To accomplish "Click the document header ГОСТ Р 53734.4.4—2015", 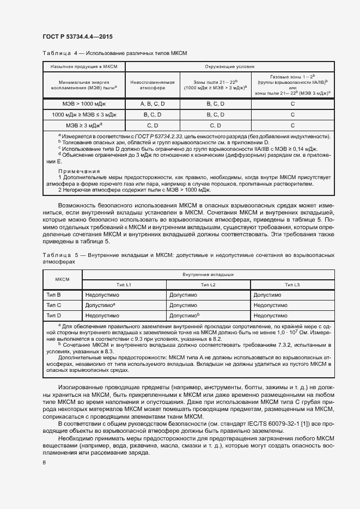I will click(77, 36).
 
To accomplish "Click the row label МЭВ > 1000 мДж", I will click(84, 103).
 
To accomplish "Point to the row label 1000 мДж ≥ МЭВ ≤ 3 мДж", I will click(84, 115).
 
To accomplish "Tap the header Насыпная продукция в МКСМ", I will click(84, 66).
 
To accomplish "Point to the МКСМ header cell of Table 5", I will click(62, 279).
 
